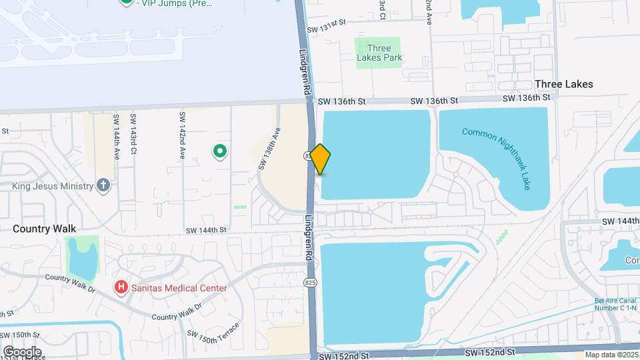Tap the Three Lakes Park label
pyautogui.click(x=379, y=53)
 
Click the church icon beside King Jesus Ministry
pyautogui.click(x=103, y=185)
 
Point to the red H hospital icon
pyautogui.click(x=121, y=288)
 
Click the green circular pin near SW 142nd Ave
pyautogui.click(x=220, y=151)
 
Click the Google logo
pyautogui.click(x=22, y=351)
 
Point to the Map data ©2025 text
pyautogui.click(x=611, y=355)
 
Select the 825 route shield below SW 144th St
pyautogui.click(x=311, y=283)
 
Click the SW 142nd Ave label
pyautogui.click(x=181, y=135)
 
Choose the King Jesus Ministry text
pyautogui.click(x=52, y=186)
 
